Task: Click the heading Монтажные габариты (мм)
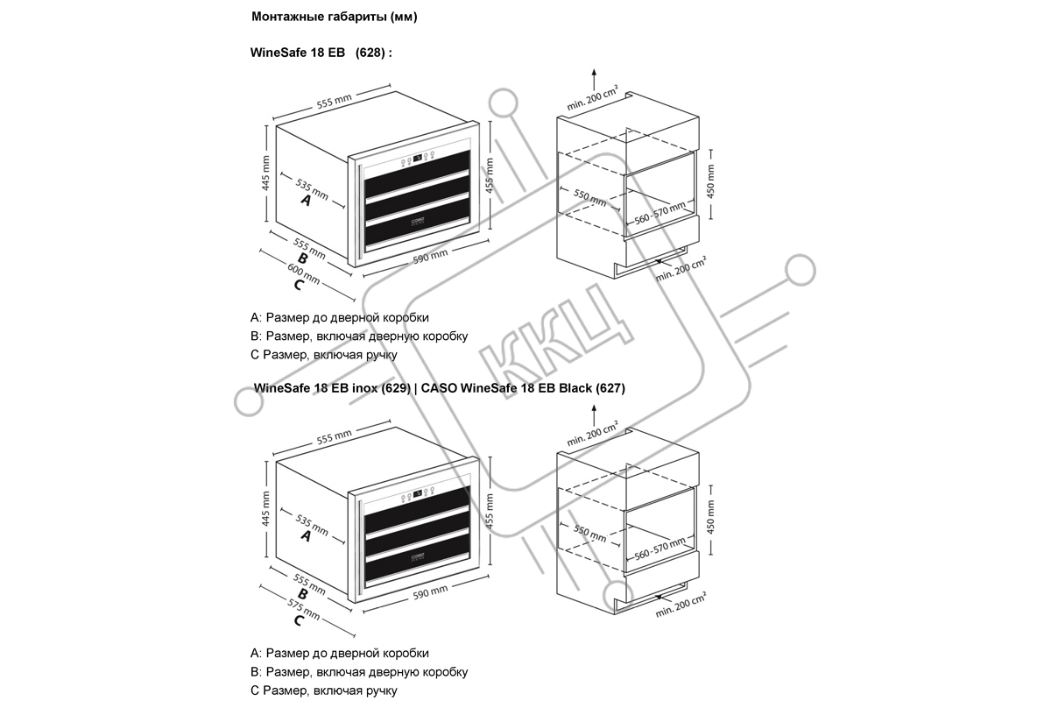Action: coord(334,17)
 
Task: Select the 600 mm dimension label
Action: coord(304,273)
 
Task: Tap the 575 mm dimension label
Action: coord(304,610)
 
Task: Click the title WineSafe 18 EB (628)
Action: coord(321,52)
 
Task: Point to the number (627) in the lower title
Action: coord(610,388)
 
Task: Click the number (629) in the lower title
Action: coord(396,388)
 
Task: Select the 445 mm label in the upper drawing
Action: coord(265,173)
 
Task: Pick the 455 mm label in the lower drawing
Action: coord(490,511)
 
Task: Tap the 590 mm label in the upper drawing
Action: coord(430,256)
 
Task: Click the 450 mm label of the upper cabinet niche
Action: coord(710,181)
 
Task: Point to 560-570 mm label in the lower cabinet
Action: coord(660,549)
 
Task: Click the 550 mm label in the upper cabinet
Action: coord(590,197)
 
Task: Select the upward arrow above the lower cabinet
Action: coord(594,415)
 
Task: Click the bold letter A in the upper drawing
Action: coord(306,201)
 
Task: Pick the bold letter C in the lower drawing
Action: coord(299,620)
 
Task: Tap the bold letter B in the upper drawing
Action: coord(303,258)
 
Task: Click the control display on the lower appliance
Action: coord(417,493)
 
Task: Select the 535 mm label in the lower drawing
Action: coord(312,525)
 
